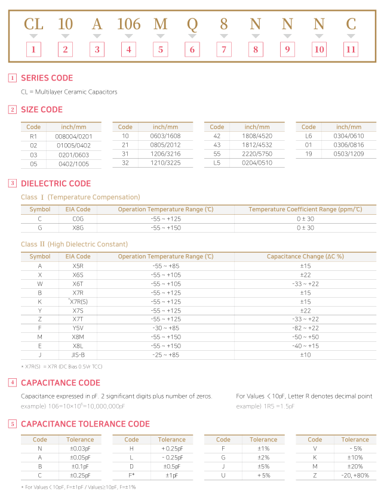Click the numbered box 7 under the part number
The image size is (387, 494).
(x=223, y=50)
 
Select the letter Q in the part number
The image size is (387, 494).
(x=192, y=24)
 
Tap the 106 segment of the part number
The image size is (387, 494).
(x=128, y=24)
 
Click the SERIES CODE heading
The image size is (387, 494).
(x=47, y=78)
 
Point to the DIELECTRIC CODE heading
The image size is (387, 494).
(x=56, y=184)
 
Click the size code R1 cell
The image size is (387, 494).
(x=33, y=136)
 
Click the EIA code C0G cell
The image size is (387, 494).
(x=78, y=219)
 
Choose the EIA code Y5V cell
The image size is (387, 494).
(x=78, y=328)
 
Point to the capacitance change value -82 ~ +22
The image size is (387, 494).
(x=305, y=328)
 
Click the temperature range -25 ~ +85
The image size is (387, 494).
(x=165, y=355)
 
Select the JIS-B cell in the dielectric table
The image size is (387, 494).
(x=78, y=355)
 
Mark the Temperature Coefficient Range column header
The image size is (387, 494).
(x=305, y=209)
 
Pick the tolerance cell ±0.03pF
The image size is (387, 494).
(x=80, y=449)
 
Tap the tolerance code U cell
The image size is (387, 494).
(x=223, y=476)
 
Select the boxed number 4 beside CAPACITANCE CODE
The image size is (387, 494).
(x=13, y=382)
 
